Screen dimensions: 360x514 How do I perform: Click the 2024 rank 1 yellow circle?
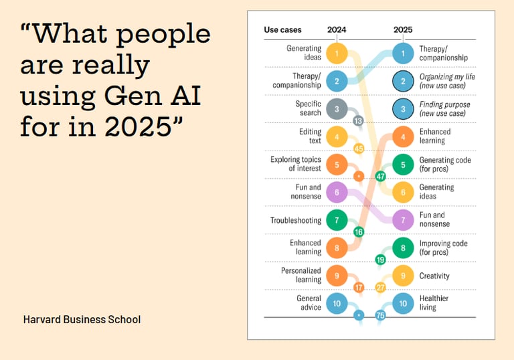tap(337, 52)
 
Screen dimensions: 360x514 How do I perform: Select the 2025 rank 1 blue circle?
tap(403, 52)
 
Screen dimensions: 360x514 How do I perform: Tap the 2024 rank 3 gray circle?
tap(337, 108)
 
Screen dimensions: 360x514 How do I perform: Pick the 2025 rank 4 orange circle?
tap(403, 137)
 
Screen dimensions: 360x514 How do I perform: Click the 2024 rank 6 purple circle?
tap(337, 192)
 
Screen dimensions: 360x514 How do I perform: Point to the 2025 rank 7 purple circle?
tap(403, 219)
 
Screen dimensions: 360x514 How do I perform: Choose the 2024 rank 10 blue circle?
tap(337, 303)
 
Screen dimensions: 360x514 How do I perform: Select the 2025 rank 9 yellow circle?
tap(403, 276)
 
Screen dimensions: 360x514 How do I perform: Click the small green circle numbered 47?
tap(381, 177)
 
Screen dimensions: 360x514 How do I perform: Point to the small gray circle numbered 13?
tap(358, 120)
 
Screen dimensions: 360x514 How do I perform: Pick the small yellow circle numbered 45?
tap(358, 149)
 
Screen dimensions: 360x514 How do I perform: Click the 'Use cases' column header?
tap(282, 30)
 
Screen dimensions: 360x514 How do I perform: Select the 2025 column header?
tap(403, 30)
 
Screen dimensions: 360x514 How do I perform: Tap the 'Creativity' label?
tap(434, 276)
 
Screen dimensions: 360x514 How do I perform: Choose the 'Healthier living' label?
tap(434, 303)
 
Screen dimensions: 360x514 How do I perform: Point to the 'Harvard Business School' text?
tap(82, 319)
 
